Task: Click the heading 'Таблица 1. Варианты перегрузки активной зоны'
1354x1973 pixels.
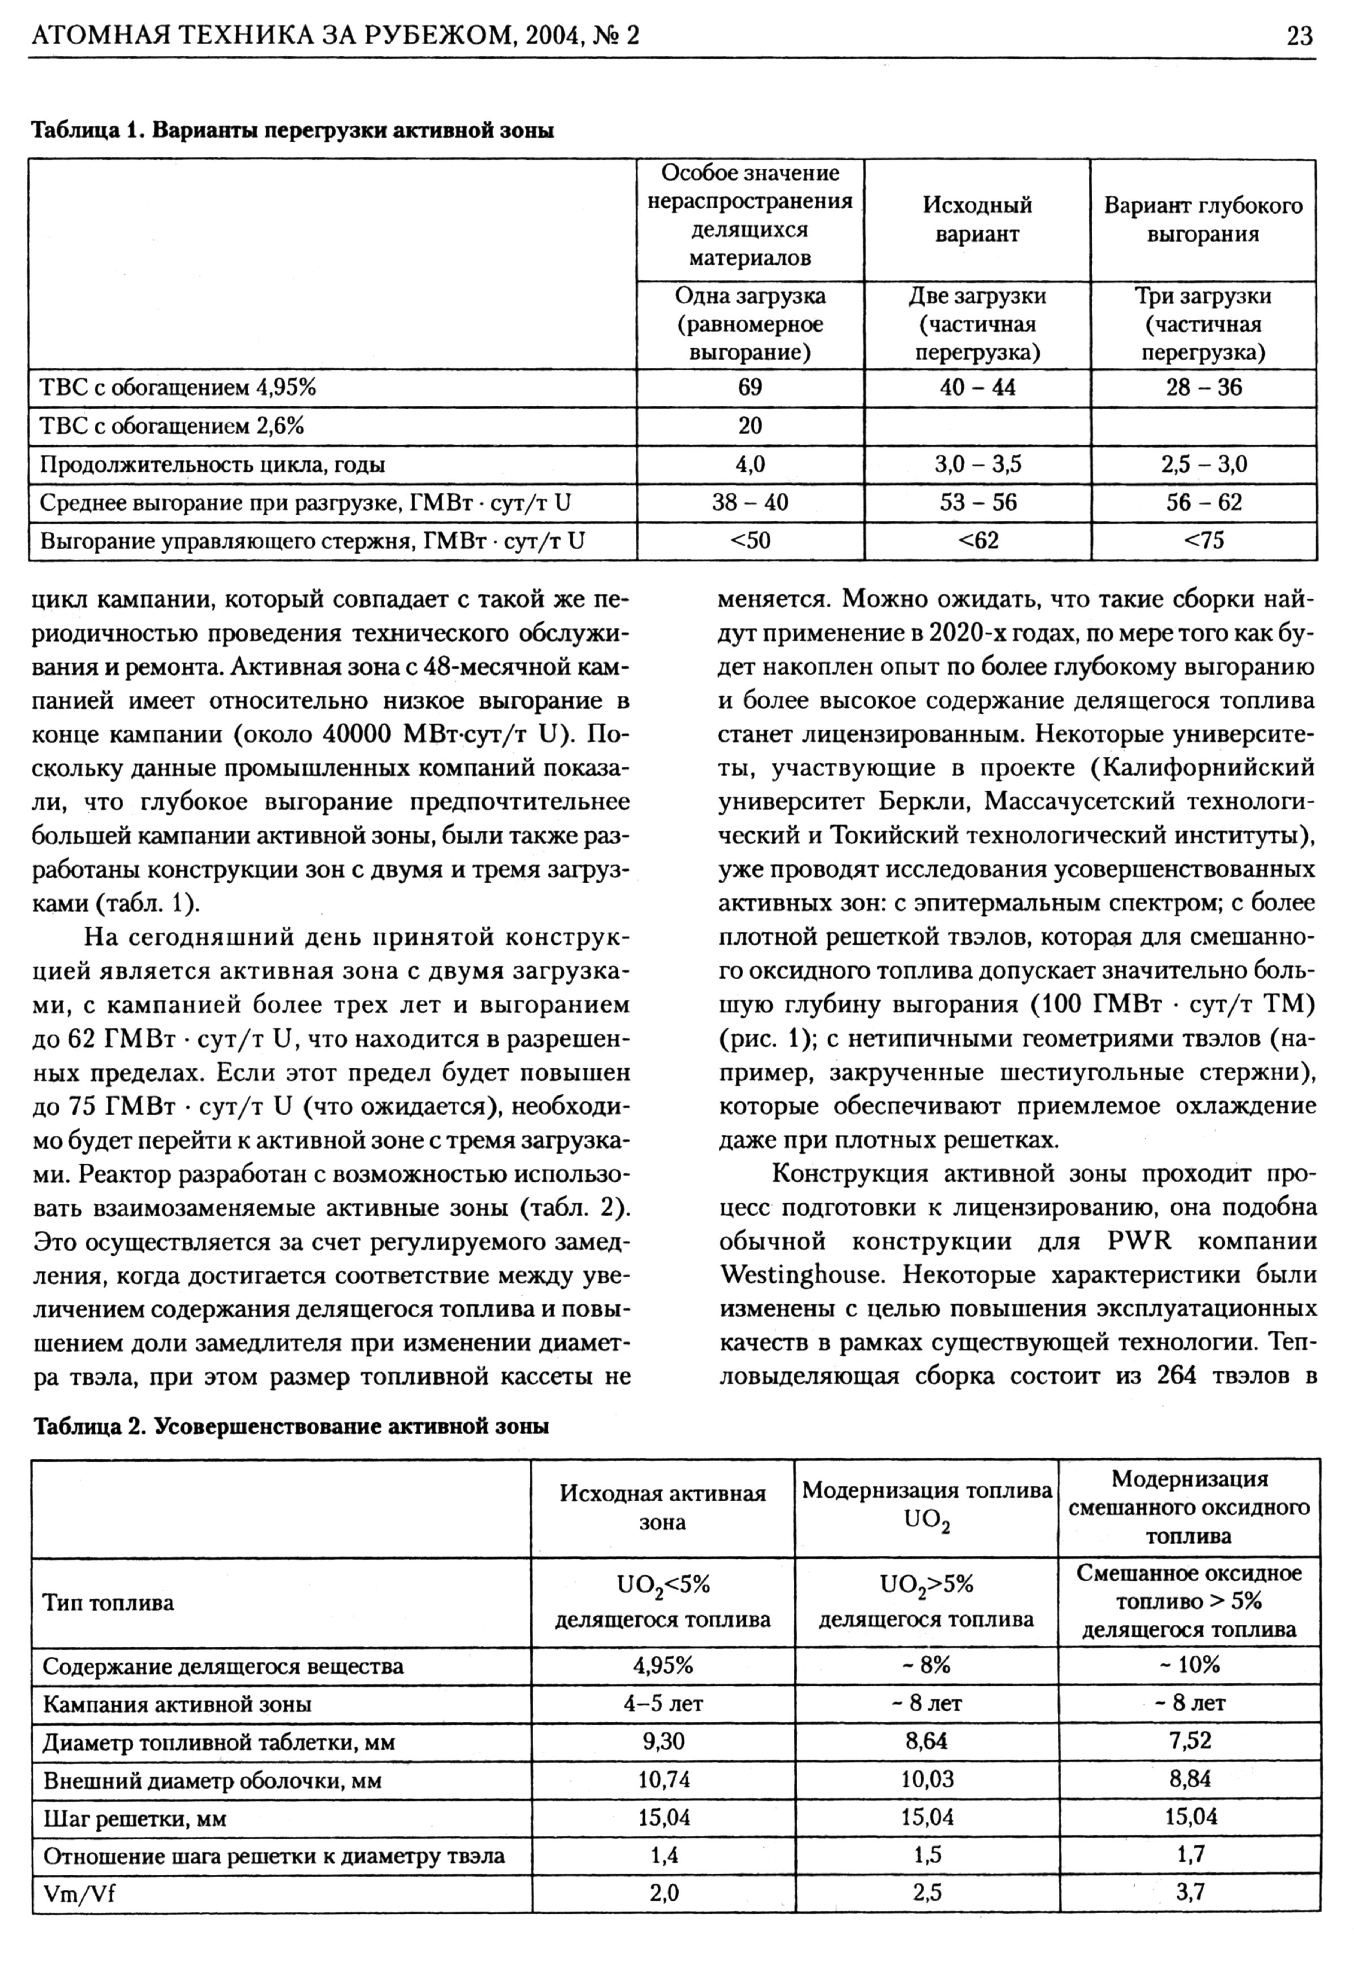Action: (292, 131)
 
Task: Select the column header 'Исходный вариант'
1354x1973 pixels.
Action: (977, 220)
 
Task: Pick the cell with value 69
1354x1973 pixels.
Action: (750, 388)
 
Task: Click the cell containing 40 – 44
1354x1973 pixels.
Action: (977, 388)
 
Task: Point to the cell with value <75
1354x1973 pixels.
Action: (1204, 541)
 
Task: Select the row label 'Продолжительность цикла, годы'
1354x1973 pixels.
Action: (212, 465)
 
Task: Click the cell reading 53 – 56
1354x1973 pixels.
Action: (977, 503)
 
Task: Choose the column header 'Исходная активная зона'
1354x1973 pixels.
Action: (662, 1508)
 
